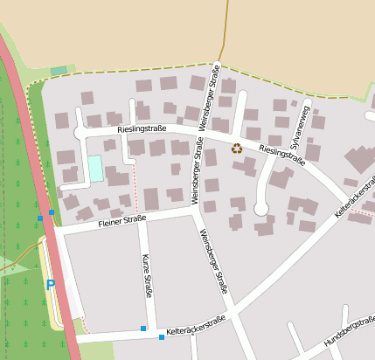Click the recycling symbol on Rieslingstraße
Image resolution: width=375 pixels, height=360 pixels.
237,149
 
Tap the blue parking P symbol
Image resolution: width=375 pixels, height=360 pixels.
50,284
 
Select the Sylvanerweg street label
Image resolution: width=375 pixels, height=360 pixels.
300,127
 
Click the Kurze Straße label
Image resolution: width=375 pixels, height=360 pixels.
146,275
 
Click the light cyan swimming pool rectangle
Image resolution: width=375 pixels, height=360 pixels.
95,169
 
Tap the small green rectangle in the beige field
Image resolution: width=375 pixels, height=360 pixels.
59,70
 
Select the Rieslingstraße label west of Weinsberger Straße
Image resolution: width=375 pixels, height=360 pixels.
142,129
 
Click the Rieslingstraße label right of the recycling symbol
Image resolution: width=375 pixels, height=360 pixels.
282,156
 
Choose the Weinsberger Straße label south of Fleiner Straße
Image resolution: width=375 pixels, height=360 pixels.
214,260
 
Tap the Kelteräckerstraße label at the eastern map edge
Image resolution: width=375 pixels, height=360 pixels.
355,200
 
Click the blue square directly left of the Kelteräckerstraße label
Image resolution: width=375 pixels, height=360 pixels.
161,336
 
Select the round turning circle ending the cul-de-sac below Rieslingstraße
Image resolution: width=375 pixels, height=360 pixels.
260,209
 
